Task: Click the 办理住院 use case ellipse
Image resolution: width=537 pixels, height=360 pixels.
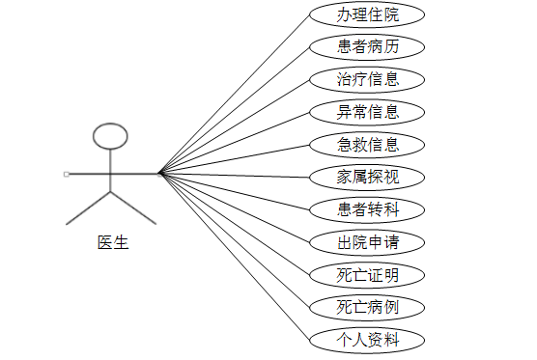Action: tap(367, 14)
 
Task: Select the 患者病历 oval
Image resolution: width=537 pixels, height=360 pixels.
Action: tap(367, 47)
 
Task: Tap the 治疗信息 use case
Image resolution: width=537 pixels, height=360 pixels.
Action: tap(367, 80)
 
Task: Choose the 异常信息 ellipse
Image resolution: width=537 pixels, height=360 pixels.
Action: tap(367, 112)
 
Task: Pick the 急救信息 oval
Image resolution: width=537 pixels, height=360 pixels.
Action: tap(367, 145)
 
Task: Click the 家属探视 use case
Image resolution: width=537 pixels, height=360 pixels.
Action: tap(367, 178)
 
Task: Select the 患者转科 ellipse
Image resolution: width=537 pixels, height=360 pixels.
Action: tap(367, 209)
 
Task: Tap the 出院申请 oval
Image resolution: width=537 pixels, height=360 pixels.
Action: tap(367, 242)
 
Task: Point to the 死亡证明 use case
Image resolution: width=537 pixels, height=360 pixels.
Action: tap(367, 275)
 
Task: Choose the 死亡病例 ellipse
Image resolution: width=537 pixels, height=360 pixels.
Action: tap(367, 307)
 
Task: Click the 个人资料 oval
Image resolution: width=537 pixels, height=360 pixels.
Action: tap(367, 340)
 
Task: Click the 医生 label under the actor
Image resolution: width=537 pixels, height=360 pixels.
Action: tap(113, 242)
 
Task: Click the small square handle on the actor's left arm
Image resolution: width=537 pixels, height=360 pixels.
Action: tap(66, 174)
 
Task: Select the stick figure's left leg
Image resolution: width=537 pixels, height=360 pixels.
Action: tap(88, 208)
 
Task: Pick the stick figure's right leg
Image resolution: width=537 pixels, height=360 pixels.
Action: tap(133, 208)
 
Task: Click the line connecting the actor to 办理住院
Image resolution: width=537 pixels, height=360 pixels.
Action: tap(235, 95)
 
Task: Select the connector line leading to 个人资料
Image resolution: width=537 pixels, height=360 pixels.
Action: tap(235, 257)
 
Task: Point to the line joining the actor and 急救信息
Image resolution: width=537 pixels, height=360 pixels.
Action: tap(235, 159)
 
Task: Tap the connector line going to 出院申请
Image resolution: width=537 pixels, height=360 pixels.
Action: tap(235, 208)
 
